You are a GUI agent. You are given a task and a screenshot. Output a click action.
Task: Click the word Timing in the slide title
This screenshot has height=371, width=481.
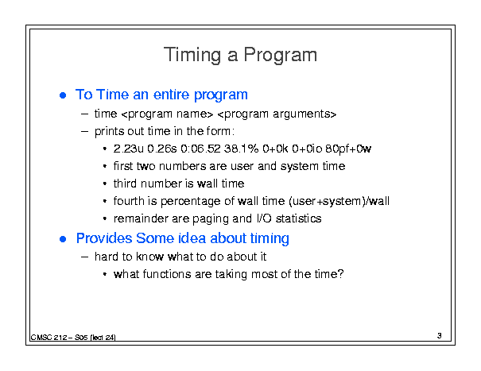pos(192,55)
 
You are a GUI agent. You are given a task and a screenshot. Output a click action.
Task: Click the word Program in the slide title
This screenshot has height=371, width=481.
pos(281,55)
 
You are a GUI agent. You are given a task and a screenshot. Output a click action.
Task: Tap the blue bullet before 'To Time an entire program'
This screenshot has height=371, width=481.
pos(63,95)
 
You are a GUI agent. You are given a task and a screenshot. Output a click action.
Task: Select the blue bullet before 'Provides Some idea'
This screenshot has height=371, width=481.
pos(63,239)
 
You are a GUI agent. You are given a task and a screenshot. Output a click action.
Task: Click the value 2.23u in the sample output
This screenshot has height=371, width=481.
pos(128,149)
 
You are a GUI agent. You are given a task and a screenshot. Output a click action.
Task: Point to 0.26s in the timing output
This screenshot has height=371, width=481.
pos(162,149)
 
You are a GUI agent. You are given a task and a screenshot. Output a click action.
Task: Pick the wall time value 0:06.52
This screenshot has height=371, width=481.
pos(200,149)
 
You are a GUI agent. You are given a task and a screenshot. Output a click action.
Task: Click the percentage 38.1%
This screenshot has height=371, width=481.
pos(242,149)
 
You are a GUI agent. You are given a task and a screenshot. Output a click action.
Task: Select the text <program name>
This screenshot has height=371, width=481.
pos(167,114)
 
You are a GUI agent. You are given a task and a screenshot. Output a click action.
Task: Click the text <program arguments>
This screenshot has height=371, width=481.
pos(277,114)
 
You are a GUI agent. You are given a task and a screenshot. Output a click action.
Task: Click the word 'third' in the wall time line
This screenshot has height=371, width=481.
pos(125,184)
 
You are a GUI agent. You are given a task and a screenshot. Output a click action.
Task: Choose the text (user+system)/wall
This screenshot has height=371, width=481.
pos(339,202)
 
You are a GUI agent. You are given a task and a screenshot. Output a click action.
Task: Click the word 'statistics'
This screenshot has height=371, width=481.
pos(298,218)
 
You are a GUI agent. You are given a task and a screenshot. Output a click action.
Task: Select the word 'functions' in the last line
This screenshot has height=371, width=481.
pos(167,274)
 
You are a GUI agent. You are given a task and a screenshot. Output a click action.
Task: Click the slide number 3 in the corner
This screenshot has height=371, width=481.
pos(440,336)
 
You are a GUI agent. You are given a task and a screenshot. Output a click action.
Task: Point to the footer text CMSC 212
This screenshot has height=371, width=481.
pos(49,338)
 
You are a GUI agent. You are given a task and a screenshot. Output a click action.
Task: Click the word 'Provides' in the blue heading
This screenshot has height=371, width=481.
pos(104,238)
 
